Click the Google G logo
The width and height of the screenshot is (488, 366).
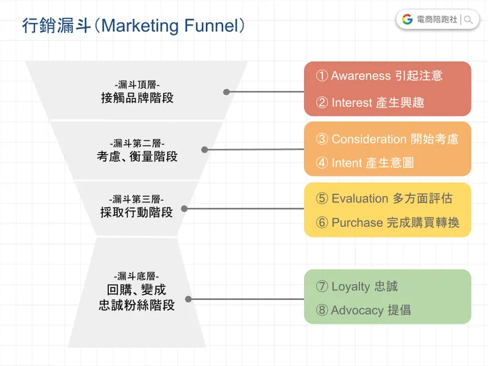407,20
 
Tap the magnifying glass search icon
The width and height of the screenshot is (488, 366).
469,20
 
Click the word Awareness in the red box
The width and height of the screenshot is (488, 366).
361,76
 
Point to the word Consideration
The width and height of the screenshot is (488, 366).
369,139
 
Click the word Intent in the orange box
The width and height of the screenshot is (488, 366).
348,163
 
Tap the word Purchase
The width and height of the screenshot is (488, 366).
357,223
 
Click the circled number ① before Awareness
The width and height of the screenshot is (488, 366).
322,76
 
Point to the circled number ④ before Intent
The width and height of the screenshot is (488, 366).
322,163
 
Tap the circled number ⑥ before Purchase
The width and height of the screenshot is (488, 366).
322,223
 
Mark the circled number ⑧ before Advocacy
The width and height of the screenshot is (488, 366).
322,311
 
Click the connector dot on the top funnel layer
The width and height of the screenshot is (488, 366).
226,92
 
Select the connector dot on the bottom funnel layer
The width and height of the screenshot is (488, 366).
189,299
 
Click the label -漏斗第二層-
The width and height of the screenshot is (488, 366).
137,143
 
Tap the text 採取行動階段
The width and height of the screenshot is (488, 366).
137,212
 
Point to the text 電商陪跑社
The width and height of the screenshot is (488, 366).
437,20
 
